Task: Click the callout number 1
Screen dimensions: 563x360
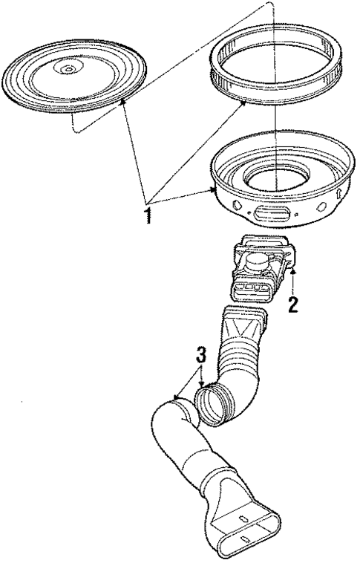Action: click(x=148, y=216)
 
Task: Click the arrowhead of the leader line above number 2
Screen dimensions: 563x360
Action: click(x=294, y=274)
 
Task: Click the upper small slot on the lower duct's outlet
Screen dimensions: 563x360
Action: click(x=244, y=516)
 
